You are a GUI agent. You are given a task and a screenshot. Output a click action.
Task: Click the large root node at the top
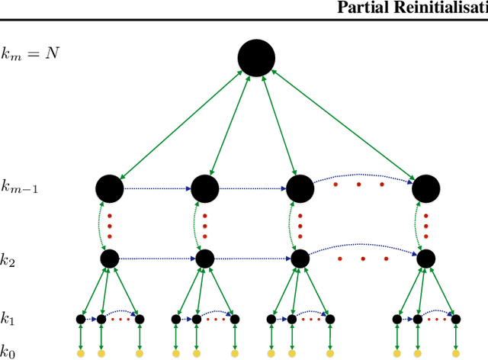pyautogui.click(x=256, y=59)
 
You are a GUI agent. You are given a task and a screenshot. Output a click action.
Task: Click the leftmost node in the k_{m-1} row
pyautogui.click(x=110, y=188)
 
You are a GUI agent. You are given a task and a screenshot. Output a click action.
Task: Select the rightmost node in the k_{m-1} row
pyautogui.click(x=425, y=188)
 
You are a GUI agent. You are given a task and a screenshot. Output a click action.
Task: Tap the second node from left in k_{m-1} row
pyautogui.click(x=204, y=188)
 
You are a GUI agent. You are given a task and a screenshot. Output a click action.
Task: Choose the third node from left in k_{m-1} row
pyautogui.click(x=299, y=188)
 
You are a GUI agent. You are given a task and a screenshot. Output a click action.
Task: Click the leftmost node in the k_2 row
pyautogui.click(x=110, y=259)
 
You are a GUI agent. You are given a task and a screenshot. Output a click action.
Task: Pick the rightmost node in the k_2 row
pyautogui.click(x=425, y=259)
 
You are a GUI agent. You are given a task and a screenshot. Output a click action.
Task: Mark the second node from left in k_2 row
pyautogui.click(x=204, y=259)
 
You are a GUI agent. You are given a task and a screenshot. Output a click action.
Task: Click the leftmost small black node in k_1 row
pyautogui.click(x=81, y=319)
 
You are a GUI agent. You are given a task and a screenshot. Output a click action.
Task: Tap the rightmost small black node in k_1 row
pyautogui.click(x=455, y=319)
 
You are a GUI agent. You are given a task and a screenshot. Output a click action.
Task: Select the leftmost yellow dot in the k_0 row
pyautogui.click(x=81, y=353)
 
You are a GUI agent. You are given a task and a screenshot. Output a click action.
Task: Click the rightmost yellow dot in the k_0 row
pyautogui.click(x=455, y=353)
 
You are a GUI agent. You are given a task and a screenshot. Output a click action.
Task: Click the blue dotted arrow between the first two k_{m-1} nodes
pyautogui.click(x=156, y=188)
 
